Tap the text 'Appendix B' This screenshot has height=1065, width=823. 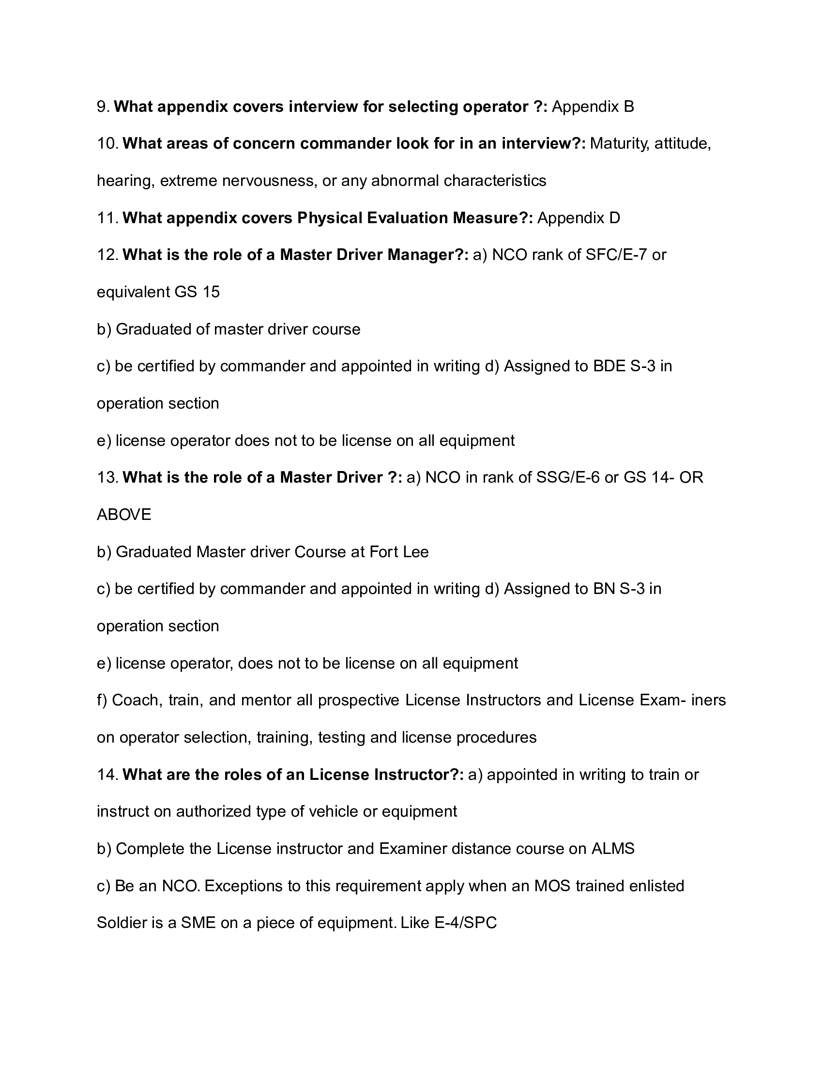click(x=593, y=106)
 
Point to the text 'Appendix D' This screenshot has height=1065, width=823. click(x=579, y=217)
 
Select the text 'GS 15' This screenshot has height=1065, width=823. click(x=197, y=291)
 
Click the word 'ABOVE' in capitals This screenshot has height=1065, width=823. click(x=124, y=514)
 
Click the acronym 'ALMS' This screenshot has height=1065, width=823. click(x=613, y=849)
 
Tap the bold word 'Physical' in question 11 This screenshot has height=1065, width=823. click(x=330, y=217)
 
